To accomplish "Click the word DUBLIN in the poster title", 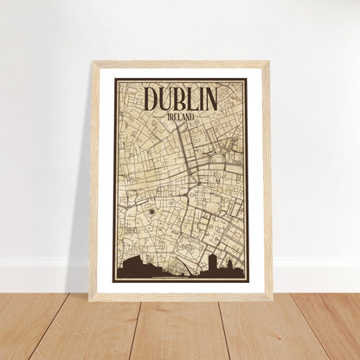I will [181, 99].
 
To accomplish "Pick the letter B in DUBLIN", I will [181, 99].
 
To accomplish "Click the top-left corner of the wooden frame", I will [92, 62].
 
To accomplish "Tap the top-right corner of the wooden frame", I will [269, 62].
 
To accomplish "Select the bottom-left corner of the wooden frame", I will [90, 299].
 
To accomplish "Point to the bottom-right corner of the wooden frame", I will [271, 299].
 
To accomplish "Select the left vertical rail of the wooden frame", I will [94, 182].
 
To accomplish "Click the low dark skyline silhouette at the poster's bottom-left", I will [134, 270].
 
